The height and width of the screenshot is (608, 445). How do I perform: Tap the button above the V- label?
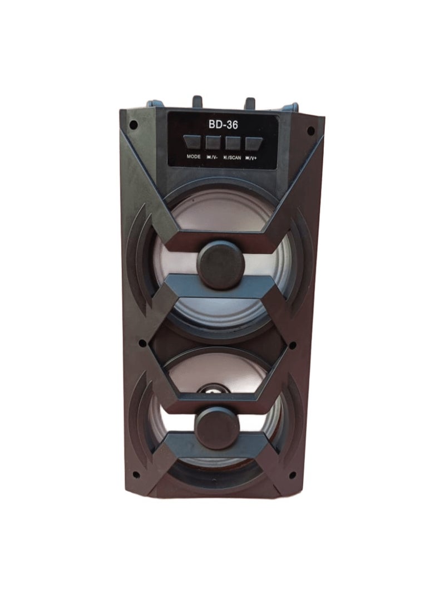(x=212, y=143)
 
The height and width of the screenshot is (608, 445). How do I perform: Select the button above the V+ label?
(x=254, y=143)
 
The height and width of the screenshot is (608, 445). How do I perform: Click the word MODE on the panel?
(x=194, y=157)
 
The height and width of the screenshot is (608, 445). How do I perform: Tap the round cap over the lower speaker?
(x=217, y=428)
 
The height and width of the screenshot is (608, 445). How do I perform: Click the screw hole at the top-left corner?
(x=133, y=125)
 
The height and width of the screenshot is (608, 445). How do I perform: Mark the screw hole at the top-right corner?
(x=310, y=131)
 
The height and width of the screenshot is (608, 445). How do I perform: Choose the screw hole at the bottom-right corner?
(x=293, y=475)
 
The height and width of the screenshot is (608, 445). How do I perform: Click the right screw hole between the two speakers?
(x=293, y=345)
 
